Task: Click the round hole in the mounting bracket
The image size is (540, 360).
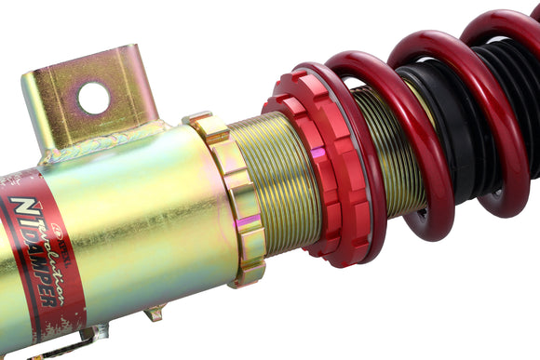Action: pos(94,98)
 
